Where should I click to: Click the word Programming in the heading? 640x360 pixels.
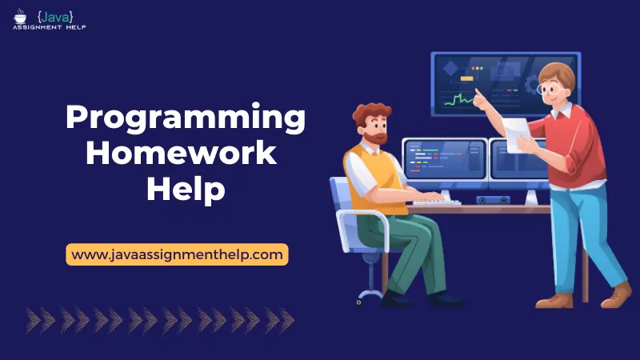pos(185,118)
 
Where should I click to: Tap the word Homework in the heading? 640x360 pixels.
pos(182,154)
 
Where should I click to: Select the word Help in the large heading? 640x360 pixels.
pos(185,189)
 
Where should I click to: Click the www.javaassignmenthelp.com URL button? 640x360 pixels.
pos(177,254)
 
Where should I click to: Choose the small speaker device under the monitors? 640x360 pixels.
pos(493,199)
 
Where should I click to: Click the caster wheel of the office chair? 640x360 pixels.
pos(359,301)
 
